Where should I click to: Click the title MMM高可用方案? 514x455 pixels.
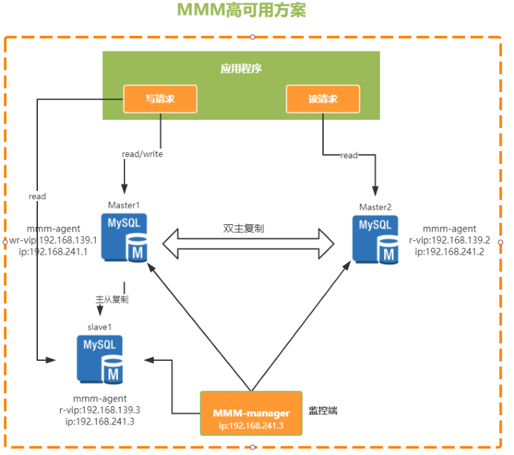click(251, 11)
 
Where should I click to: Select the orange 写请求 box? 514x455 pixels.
click(160, 99)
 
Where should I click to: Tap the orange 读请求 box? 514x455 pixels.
click(322, 99)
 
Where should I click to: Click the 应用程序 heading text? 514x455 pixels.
click(241, 68)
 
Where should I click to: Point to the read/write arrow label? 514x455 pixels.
click(142, 154)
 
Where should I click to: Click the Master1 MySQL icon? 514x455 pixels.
click(125, 236)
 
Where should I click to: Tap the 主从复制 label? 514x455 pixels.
click(112, 299)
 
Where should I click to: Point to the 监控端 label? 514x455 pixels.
click(324, 410)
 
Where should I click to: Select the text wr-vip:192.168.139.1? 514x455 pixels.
click(53, 240)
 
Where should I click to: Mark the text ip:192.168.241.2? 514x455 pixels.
click(448, 251)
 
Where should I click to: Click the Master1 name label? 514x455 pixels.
click(123, 204)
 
